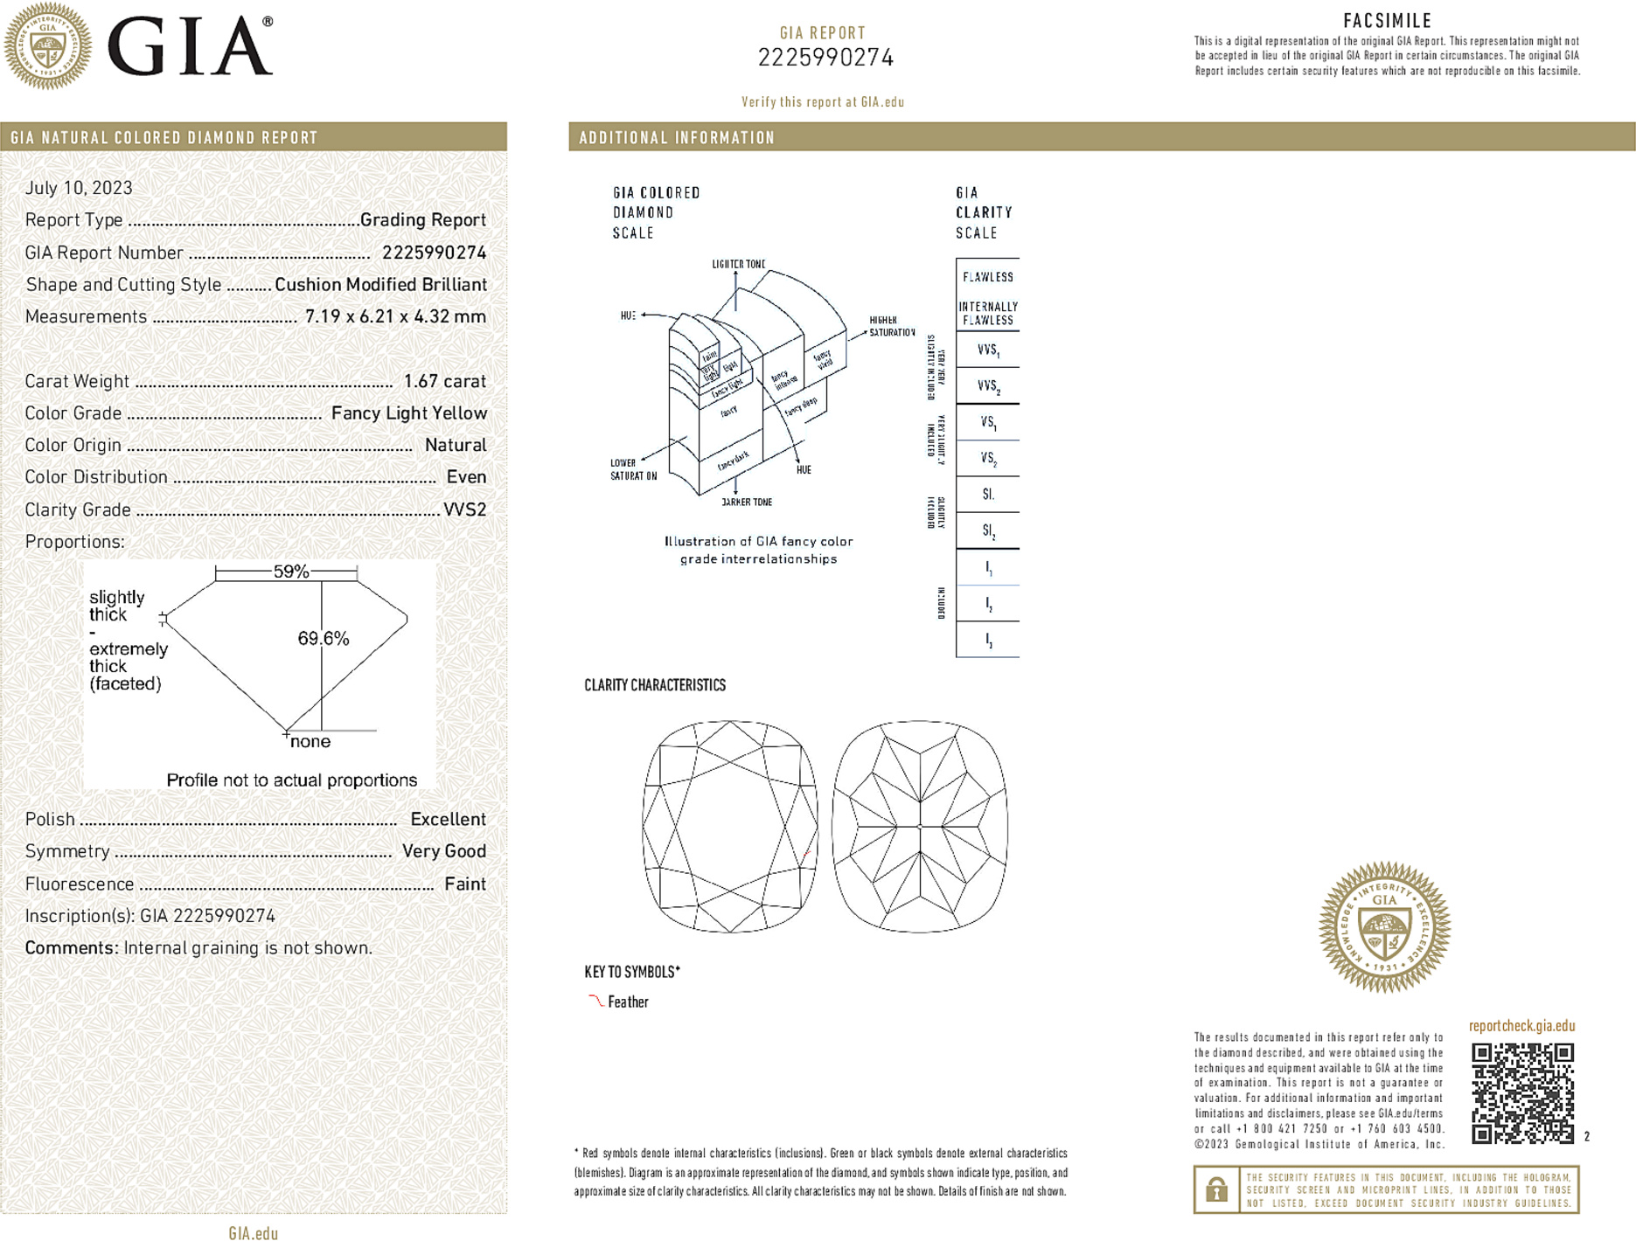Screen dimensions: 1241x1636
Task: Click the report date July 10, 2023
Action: (79, 188)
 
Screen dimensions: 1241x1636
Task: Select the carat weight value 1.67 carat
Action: (444, 381)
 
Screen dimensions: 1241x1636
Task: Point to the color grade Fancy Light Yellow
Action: (408, 413)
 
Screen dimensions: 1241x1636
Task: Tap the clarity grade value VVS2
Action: (464, 510)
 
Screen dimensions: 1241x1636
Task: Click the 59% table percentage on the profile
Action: (290, 572)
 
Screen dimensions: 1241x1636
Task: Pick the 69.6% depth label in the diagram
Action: (323, 639)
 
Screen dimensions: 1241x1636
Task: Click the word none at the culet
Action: (310, 742)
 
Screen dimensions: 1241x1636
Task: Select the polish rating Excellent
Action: (448, 820)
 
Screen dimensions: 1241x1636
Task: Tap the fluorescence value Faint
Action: (464, 884)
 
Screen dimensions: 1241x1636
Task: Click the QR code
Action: (1521, 1092)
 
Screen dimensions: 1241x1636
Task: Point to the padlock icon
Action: (1216, 1189)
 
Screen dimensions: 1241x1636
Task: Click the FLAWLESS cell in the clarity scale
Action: (988, 277)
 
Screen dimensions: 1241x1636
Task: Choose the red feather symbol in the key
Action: (595, 1001)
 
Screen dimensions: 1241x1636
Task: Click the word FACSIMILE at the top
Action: (1387, 20)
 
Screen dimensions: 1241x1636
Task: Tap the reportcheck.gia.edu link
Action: (1521, 1026)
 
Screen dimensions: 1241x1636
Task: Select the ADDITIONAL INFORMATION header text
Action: (677, 138)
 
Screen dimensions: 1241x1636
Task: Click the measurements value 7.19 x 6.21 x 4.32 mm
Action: (395, 316)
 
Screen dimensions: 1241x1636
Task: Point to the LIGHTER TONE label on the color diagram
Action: (738, 264)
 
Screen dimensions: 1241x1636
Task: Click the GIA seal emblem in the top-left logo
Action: (47, 45)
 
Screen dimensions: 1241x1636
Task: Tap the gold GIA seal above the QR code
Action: (1384, 926)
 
